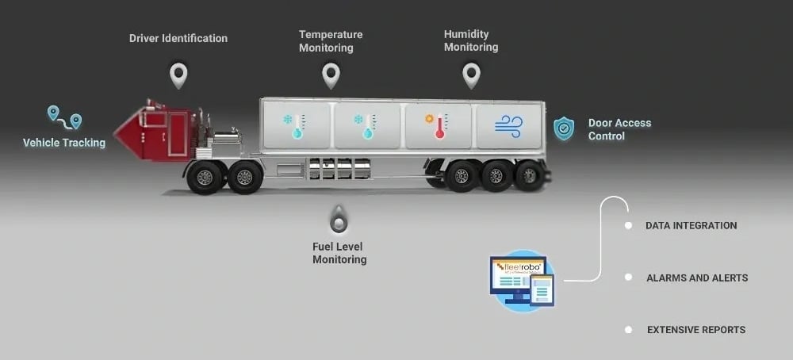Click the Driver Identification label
click(178, 38)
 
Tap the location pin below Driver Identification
click(178, 75)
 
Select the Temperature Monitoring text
click(331, 40)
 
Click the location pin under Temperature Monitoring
click(331, 75)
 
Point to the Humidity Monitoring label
click(471, 40)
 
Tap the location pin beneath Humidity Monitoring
click(472, 75)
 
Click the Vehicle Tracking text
click(64, 143)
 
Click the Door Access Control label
click(619, 129)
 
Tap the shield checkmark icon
click(564, 128)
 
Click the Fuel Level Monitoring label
click(339, 253)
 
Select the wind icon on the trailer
click(508, 125)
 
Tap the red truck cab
click(159, 131)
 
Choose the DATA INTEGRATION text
click(691, 226)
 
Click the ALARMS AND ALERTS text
click(697, 278)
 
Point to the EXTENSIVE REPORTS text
click(696, 330)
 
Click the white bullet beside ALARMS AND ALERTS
click(628, 278)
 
